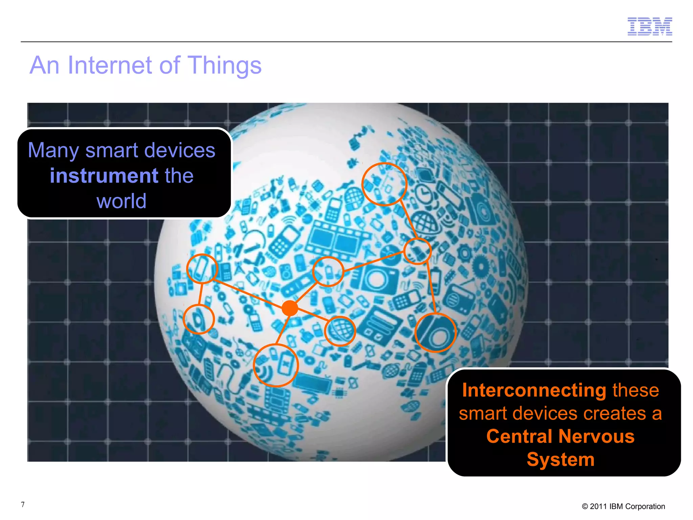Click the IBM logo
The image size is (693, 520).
tap(649, 26)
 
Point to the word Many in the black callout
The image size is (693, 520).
tap(53, 150)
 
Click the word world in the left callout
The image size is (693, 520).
tap(121, 201)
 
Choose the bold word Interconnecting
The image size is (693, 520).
tap(534, 390)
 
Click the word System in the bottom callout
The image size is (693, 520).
tap(560, 459)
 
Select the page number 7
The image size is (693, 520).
tap(23, 505)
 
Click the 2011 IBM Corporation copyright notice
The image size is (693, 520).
tap(623, 506)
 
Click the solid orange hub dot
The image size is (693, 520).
tap(290, 308)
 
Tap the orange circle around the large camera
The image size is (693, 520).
tap(435, 333)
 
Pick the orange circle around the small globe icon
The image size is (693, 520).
tap(340, 331)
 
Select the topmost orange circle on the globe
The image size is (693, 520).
tap(384, 184)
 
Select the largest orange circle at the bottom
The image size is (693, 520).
tap(276, 365)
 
